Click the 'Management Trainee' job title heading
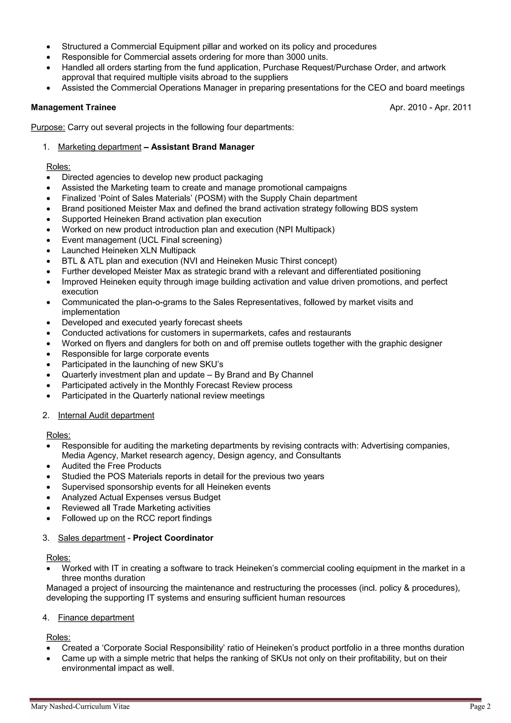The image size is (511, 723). click(73, 107)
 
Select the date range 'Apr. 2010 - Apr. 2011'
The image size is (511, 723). click(430, 107)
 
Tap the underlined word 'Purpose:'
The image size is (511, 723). click(48, 127)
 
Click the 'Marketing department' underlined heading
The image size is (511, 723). click(100, 147)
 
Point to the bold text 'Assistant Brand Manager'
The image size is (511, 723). click(203, 147)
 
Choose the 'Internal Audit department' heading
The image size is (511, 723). click(106, 415)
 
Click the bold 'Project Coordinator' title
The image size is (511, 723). click(173, 538)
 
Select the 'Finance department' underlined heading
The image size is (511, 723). click(96, 617)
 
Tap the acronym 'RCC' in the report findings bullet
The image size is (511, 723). click(146, 518)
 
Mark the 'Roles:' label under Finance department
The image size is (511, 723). click(59, 637)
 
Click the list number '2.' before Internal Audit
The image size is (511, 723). click(46, 415)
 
